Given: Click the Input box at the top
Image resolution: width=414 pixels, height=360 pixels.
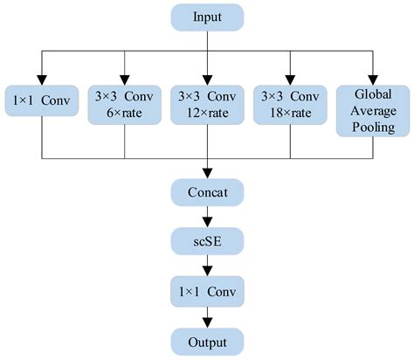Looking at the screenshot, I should pyautogui.click(x=207, y=16).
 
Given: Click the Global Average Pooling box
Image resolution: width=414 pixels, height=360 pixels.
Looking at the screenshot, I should pyautogui.click(x=373, y=111).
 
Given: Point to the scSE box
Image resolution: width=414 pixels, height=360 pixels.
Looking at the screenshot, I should pyautogui.click(x=207, y=240).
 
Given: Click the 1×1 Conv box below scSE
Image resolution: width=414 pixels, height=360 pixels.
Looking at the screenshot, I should pyautogui.click(x=207, y=289).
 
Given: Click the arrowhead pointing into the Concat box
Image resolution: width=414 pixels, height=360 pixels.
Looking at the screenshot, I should pyautogui.click(x=207, y=174).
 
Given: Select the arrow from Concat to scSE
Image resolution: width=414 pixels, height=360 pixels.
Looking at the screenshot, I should pyautogui.click(x=207, y=217).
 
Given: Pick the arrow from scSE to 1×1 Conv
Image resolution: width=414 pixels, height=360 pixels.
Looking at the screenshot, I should pyautogui.click(x=207, y=265).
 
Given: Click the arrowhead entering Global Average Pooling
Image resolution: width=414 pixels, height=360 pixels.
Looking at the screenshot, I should pyautogui.click(x=373, y=79).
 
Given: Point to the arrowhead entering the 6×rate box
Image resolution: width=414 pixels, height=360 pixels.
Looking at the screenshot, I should pyautogui.click(x=125, y=79).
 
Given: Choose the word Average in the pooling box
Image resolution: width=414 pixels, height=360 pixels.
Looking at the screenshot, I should pyautogui.click(x=373, y=111).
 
